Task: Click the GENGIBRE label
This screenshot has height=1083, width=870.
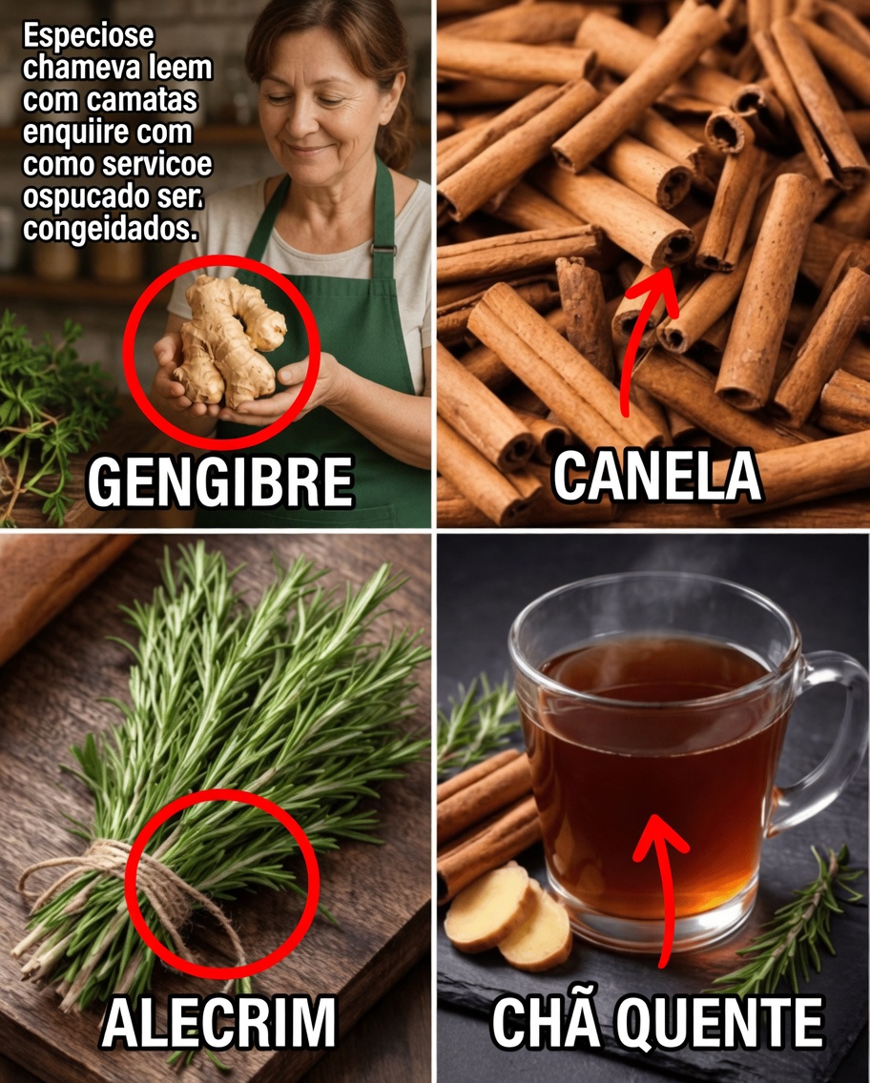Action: tap(219, 481)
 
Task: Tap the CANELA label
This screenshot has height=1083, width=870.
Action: tap(656, 476)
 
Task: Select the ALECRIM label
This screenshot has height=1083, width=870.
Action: tap(218, 1023)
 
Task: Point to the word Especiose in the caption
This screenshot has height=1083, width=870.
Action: tap(88, 39)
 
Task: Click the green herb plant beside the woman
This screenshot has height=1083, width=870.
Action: tap(48, 400)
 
